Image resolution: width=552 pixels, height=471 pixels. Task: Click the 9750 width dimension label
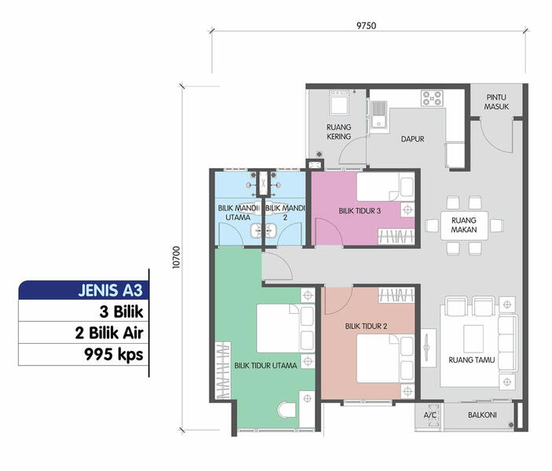pos(366,25)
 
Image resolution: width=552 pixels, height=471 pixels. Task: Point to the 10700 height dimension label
pos(176,257)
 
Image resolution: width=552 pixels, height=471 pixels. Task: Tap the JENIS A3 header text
pos(110,290)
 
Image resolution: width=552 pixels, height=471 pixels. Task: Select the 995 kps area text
pos(114,355)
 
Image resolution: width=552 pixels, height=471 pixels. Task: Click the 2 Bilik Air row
pos(109,333)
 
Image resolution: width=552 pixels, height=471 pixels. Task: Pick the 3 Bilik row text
pos(122,312)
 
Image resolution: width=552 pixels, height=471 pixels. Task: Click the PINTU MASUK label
pos(496,102)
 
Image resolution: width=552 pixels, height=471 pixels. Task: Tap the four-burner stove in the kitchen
pos(432,98)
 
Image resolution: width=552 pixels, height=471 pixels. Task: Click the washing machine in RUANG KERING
pos(338,102)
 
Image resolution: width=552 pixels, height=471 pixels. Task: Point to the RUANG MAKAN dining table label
pos(464,225)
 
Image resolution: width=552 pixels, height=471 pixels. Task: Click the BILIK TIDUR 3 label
pos(360,211)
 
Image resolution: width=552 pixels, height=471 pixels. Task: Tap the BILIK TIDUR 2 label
pos(366,327)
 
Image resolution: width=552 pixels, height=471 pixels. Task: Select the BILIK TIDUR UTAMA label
pos(265,366)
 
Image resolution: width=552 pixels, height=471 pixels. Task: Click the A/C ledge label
pos(430,415)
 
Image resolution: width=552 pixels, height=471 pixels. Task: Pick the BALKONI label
pos(482,415)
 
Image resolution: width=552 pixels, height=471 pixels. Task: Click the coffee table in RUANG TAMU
pos(473,338)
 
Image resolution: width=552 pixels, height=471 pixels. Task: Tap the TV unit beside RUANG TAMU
pos(428,348)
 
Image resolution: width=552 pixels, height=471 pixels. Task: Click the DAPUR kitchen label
pos(412,139)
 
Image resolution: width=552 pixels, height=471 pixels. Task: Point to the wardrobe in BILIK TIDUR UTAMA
pos(223,371)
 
